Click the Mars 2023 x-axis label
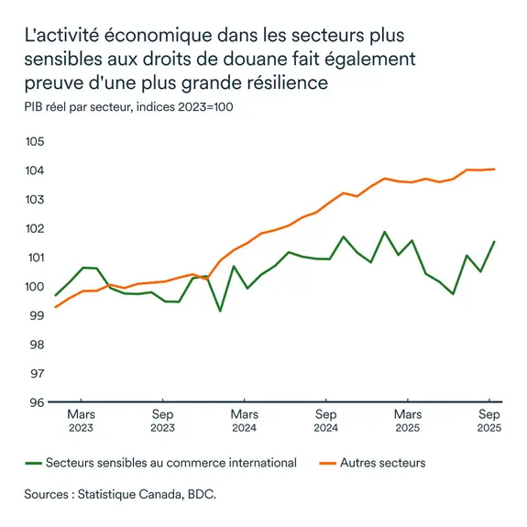pos(82,421)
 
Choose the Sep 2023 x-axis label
pos(162,421)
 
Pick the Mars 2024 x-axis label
pos(244,421)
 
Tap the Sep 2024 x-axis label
pos(324,421)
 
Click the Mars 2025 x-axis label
pos(407,421)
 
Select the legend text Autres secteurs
pos(382,463)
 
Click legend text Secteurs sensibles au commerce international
pos(171,463)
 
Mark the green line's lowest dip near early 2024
pos(220,311)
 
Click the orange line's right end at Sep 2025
pos(495,169)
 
